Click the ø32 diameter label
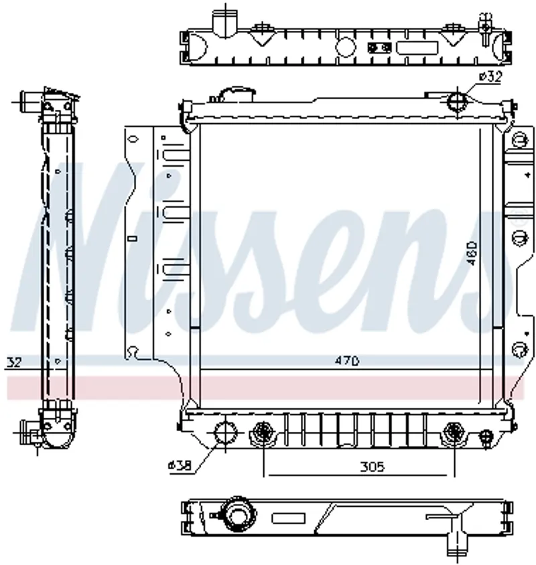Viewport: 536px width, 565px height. tap(490, 76)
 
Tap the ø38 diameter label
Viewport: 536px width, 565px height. tap(180, 465)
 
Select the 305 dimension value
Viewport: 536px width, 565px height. tap(373, 467)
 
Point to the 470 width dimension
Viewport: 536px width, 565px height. tap(346, 360)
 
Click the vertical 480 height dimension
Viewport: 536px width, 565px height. tap(472, 253)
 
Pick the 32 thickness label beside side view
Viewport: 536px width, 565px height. tap(15, 361)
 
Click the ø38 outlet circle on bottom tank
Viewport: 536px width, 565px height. tap(225, 432)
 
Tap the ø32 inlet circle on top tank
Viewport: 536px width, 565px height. tap(458, 101)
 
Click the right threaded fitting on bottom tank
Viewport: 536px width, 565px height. tap(454, 431)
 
